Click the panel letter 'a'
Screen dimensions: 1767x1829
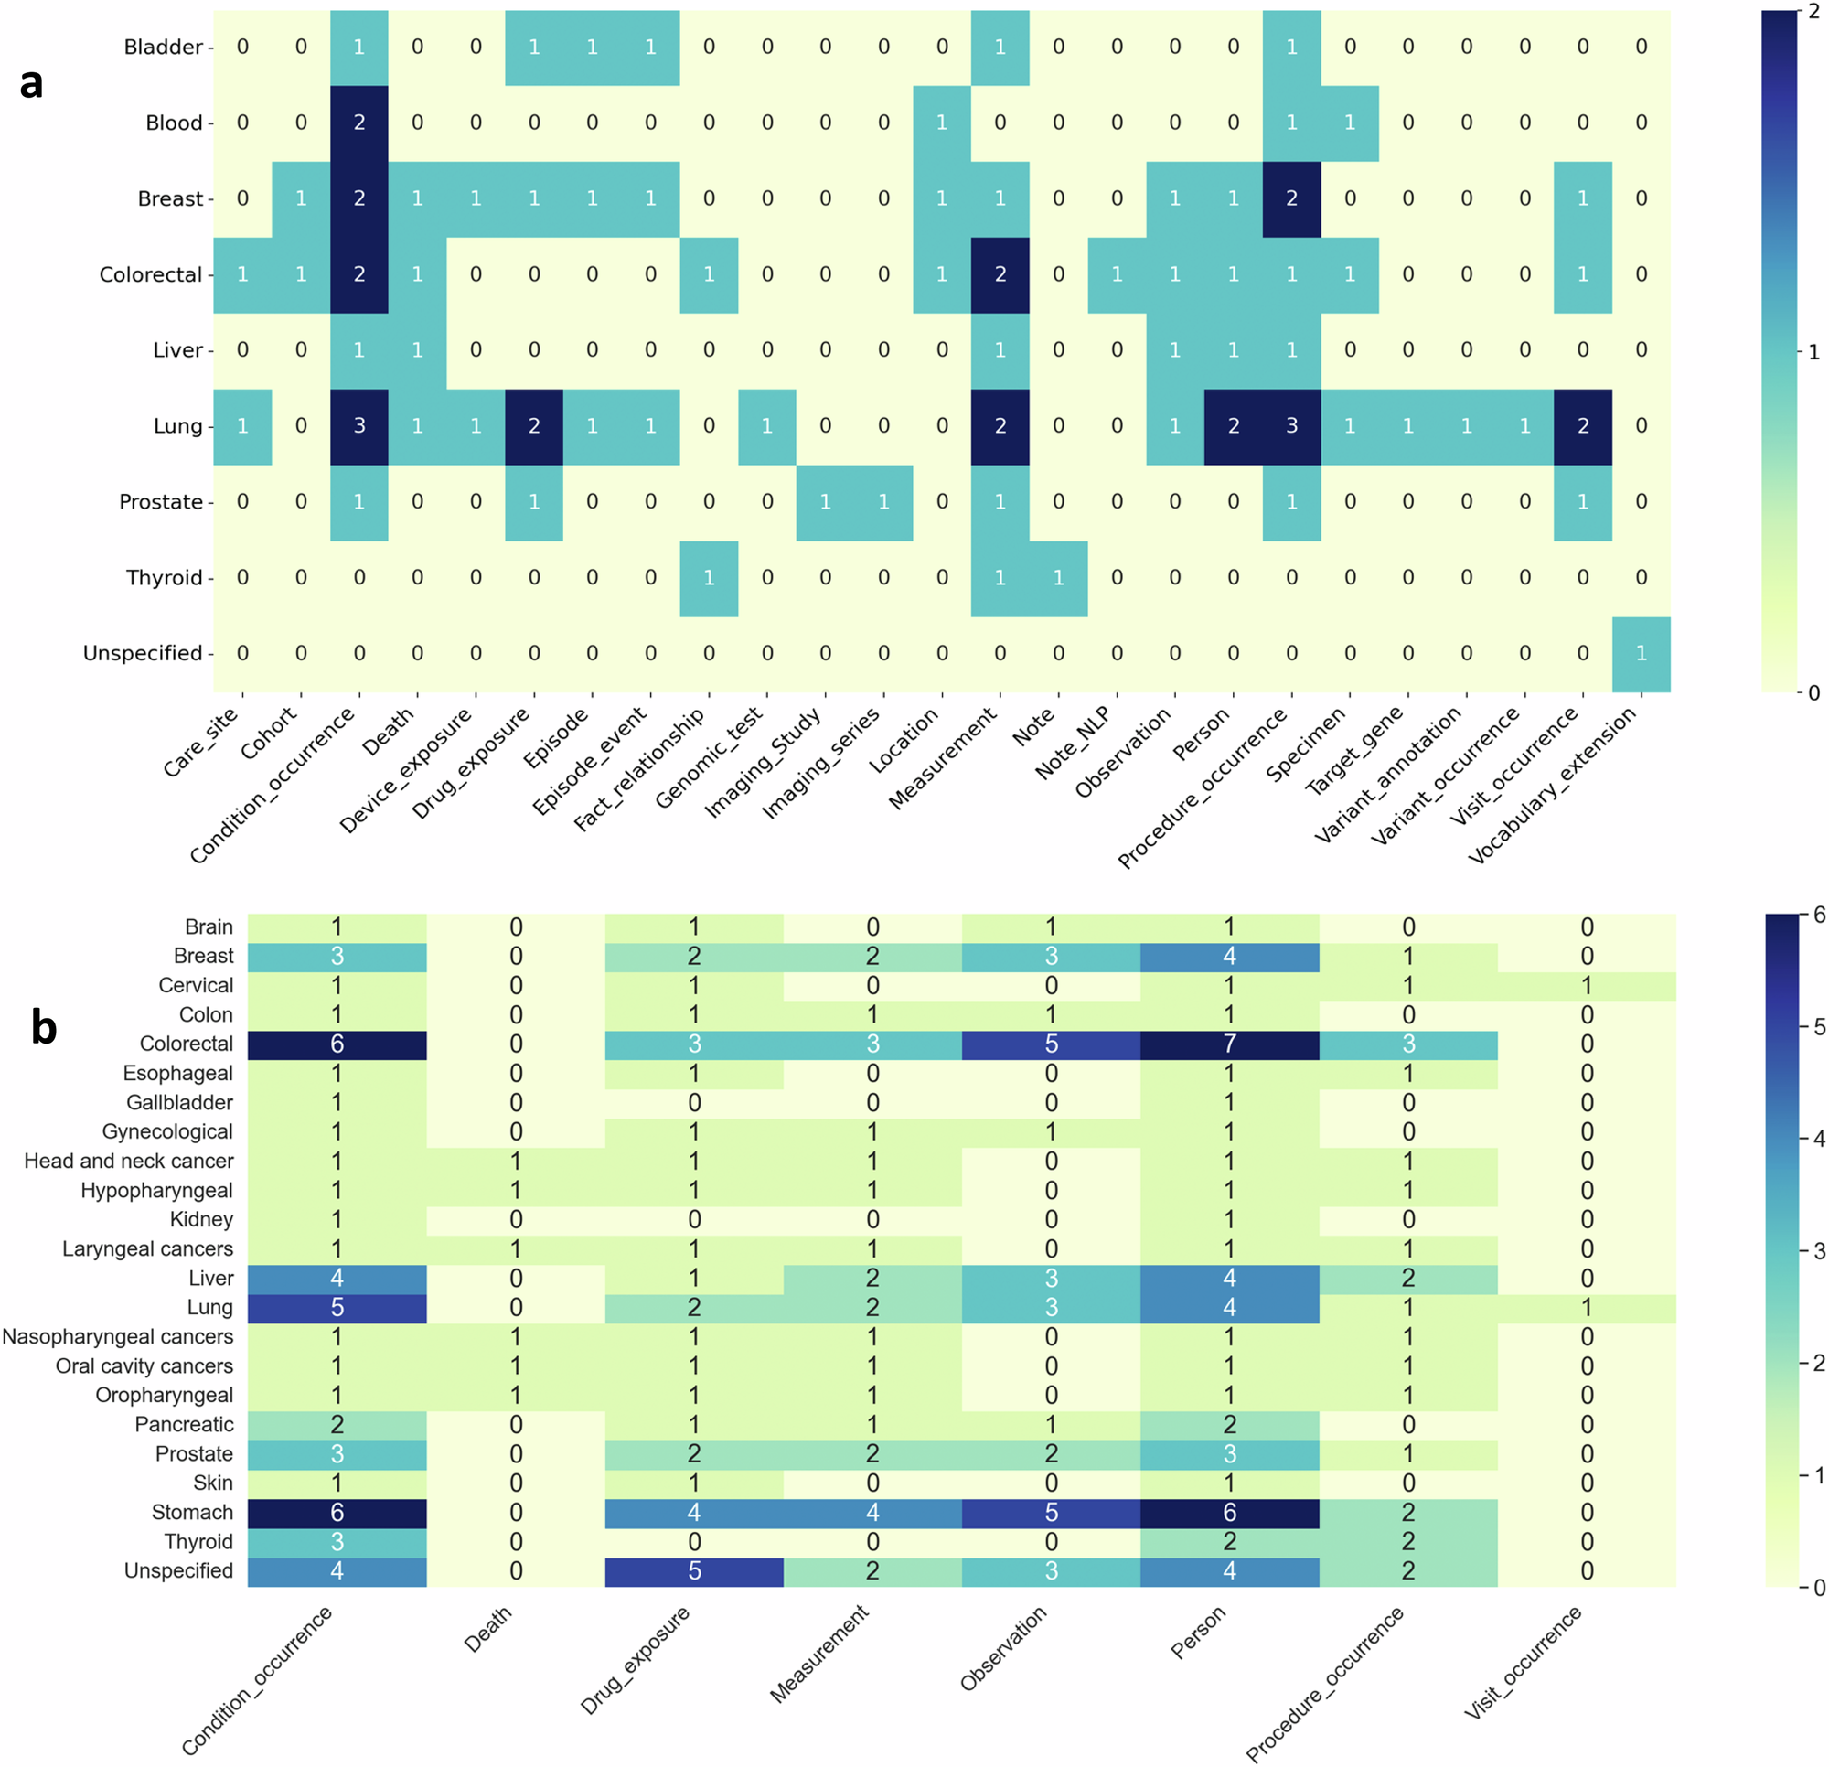(31, 84)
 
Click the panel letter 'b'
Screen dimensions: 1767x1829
(43, 1028)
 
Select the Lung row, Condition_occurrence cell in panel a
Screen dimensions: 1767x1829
(359, 426)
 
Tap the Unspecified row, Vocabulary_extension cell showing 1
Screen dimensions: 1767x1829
(1641, 653)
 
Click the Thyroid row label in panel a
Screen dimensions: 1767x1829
(164, 578)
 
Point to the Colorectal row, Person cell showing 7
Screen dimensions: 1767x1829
(1229, 1044)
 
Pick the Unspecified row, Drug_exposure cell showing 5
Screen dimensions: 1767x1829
(694, 1571)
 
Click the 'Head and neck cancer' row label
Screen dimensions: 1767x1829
(129, 1162)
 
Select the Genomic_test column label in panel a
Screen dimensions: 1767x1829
(710, 758)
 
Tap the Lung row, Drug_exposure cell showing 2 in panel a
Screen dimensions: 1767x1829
(534, 426)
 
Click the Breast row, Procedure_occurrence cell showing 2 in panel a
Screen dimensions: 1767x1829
(1291, 198)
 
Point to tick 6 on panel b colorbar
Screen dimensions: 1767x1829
(1819, 916)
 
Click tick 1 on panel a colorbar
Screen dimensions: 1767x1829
(1813, 352)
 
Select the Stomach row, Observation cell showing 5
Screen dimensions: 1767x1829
(1051, 1512)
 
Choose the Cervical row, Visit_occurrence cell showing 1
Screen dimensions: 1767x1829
(1587, 986)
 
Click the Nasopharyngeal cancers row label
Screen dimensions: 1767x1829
(118, 1337)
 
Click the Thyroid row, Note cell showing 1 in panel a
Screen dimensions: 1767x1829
(1058, 578)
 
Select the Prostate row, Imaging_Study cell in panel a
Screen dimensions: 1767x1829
(825, 502)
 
